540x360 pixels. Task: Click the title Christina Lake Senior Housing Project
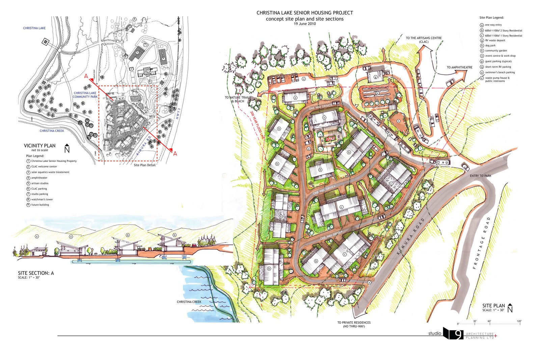pyautogui.click(x=304, y=13)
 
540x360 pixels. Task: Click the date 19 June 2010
pyautogui.click(x=304, y=24)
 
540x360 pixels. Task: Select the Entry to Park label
pyautogui.click(x=480, y=176)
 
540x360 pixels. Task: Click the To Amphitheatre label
pyautogui.click(x=459, y=67)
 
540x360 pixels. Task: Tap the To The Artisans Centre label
pyautogui.click(x=424, y=40)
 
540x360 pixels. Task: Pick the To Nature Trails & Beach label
pyautogui.click(x=238, y=99)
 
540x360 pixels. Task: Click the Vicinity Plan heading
pyautogui.click(x=39, y=146)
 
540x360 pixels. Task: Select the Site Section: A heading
pyautogui.click(x=36, y=273)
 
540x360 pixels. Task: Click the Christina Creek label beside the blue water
pyautogui.click(x=189, y=302)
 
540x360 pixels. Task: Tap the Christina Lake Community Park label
pyautogui.click(x=85, y=95)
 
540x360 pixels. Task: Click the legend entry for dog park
pyautogui.click(x=490, y=46)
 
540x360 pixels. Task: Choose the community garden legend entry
pyautogui.click(x=496, y=51)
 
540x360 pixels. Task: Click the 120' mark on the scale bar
pyautogui.click(x=519, y=321)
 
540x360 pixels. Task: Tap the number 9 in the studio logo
pyautogui.click(x=458, y=334)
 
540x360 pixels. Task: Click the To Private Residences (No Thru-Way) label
pyautogui.click(x=354, y=324)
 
